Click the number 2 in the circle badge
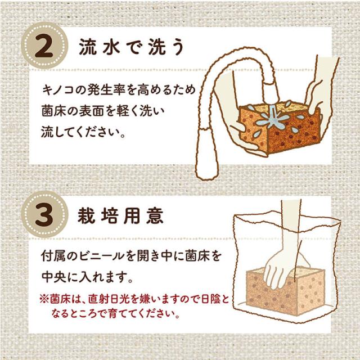(x=44, y=46)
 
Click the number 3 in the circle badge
(x=44, y=215)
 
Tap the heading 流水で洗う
(x=132, y=47)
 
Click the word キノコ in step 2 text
(x=58, y=90)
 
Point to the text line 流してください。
(x=83, y=132)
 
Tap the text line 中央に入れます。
(x=87, y=277)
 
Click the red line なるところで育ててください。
(x=115, y=313)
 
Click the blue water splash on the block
(x=273, y=119)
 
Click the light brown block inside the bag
(x=285, y=290)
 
